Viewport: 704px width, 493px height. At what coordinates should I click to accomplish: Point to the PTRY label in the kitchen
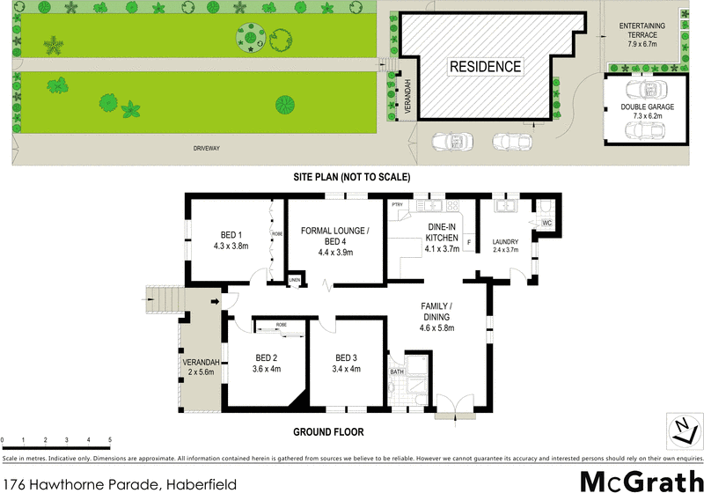397,205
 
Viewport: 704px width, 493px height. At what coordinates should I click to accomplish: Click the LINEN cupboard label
295,282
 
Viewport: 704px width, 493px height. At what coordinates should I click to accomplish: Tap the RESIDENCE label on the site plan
486,67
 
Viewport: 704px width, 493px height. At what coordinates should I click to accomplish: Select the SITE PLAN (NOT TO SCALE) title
353,177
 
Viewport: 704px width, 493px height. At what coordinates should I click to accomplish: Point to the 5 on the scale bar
110,439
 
